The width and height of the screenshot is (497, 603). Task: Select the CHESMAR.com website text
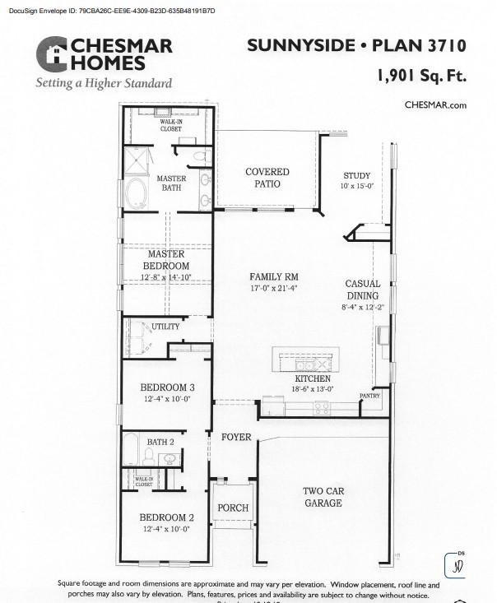pyautogui.click(x=435, y=104)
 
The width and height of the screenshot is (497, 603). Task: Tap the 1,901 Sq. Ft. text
pyautogui.click(x=421, y=76)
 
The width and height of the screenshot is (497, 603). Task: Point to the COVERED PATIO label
pyautogui.click(x=267, y=178)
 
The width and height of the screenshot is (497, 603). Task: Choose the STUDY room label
pyautogui.click(x=357, y=176)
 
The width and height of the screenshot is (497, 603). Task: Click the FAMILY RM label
pyautogui.click(x=274, y=277)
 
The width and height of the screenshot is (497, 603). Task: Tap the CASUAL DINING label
pyautogui.click(x=362, y=290)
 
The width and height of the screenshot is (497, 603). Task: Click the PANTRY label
pyautogui.click(x=369, y=397)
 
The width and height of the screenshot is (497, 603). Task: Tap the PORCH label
pyautogui.click(x=232, y=508)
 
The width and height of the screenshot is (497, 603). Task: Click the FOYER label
pyautogui.click(x=236, y=437)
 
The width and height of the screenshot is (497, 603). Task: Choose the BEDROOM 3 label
pyautogui.click(x=166, y=387)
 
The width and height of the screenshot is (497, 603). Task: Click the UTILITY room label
pyautogui.click(x=165, y=327)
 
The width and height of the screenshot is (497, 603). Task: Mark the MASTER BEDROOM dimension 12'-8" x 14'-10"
pyautogui.click(x=167, y=277)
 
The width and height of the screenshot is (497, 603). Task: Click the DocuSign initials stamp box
pyautogui.click(x=456, y=566)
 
